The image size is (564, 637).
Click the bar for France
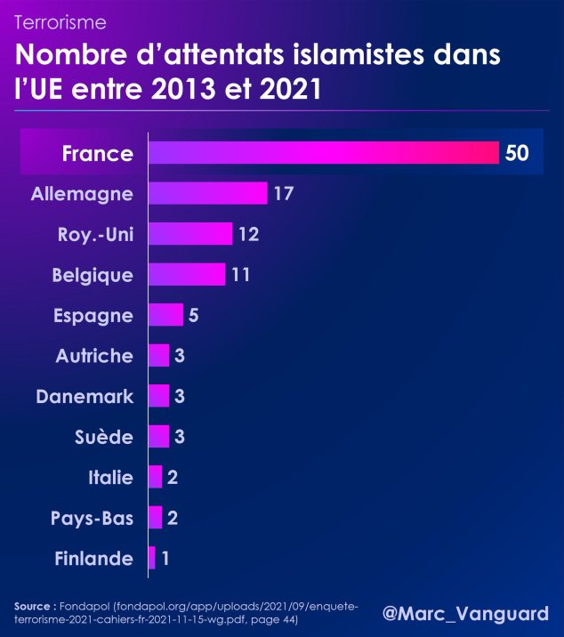pyautogui.click(x=323, y=153)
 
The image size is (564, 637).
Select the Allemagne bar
pyautogui.click(x=207, y=193)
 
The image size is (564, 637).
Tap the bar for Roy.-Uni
pyautogui.click(x=189, y=234)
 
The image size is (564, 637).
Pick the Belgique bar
pyautogui.click(x=186, y=274)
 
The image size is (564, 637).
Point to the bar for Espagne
pyautogui.click(x=165, y=315)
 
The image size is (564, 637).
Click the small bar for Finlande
pyautogui.click(x=152, y=558)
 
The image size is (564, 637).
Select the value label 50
pyautogui.click(x=517, y=153)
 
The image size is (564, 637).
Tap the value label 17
pyautogui.click(x=284, y=193)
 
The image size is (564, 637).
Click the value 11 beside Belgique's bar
pyautogui.click(x=240, y=275)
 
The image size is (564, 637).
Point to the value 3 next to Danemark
pyautogui.click(x=179, y=396)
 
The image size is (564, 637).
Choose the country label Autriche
pyautogui.click(x=94, y=356)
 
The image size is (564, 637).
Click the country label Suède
pyautogui.click(x=105, y=437)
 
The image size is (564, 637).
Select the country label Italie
pyautogui.click(x=110, y=478)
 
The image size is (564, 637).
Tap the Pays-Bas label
pyautogui.click(x=93, y=518)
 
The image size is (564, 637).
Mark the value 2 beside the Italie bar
pyautogui.click(x=173, y=478)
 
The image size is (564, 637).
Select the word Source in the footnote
pyautogui.click(x=36, y=606)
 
